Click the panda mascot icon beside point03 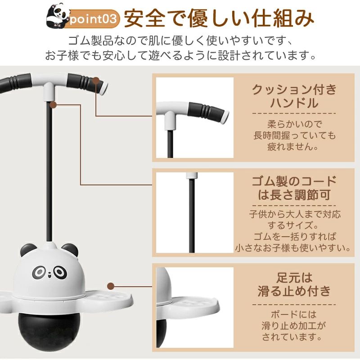pyautogui.click(x=58, y=16)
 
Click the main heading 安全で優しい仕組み pyautogui.click(x=219, y=18)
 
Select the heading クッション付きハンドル pyautogui.click(x=294, y=96)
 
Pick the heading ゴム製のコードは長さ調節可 pyautogui.click(x=294, y=188)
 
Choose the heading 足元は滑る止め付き pyautogui.click(x=294, y=284)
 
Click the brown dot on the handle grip pyautogui.click(x=96, y=81)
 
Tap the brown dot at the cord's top pyautogui.click(x=53, y=105)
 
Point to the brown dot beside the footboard pyautogui.click(x=111, y=286)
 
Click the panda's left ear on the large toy pyautogui.click(x=27, y=250)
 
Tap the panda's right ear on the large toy pyautogui.click(x=70, y=250)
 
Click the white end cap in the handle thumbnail pyautogui.click(x=225, y=117)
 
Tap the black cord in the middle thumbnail pyautogui.click(x=192, y=216)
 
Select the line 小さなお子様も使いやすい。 pyautogui.click(x=293, y=248)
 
